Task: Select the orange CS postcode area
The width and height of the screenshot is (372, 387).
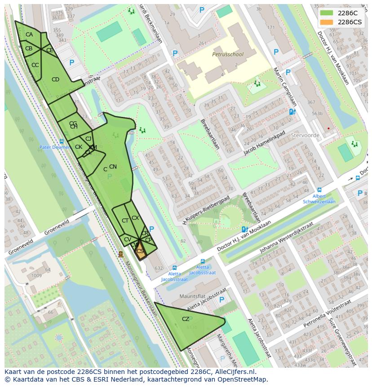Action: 140,252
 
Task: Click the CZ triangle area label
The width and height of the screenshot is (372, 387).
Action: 186,319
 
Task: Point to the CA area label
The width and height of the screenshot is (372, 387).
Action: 29,35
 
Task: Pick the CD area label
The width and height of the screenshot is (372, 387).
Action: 55,80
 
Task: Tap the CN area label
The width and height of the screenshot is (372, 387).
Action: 113,167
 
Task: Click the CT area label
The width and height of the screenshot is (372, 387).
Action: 125,221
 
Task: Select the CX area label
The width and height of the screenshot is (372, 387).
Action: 135,218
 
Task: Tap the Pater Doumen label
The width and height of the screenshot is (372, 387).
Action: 54,147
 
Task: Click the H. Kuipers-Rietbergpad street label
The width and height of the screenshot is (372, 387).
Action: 206,210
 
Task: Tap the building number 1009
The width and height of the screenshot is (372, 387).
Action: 36,276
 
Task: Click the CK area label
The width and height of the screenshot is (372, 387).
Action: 78,147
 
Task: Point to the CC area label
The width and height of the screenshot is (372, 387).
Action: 35,65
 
